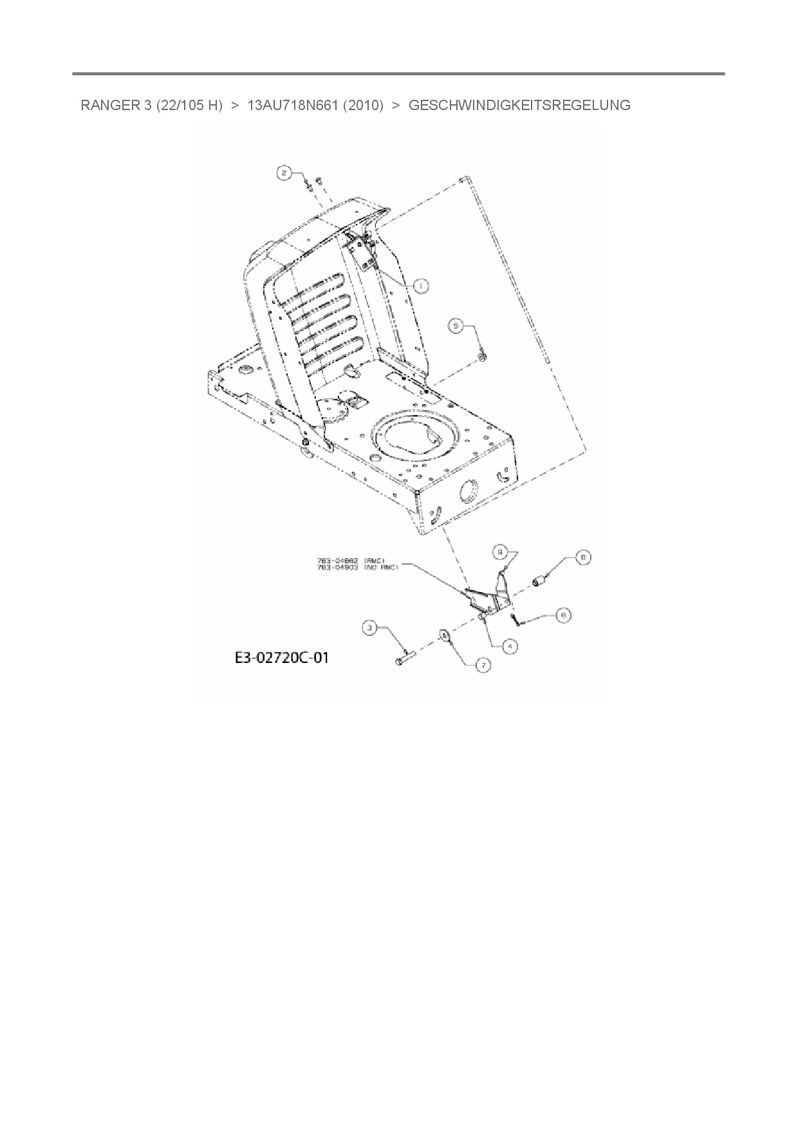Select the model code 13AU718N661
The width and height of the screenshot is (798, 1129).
293,106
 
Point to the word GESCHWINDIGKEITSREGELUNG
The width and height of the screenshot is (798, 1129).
519,106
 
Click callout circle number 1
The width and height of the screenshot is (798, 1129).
421,285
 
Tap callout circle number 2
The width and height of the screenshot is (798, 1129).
284,172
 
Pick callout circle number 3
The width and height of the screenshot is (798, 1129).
369,629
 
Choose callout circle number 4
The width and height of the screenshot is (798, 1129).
510,646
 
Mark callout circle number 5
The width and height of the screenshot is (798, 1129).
456,327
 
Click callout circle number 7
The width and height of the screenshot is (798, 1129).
483,665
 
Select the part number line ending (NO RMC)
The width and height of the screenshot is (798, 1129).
357,567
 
